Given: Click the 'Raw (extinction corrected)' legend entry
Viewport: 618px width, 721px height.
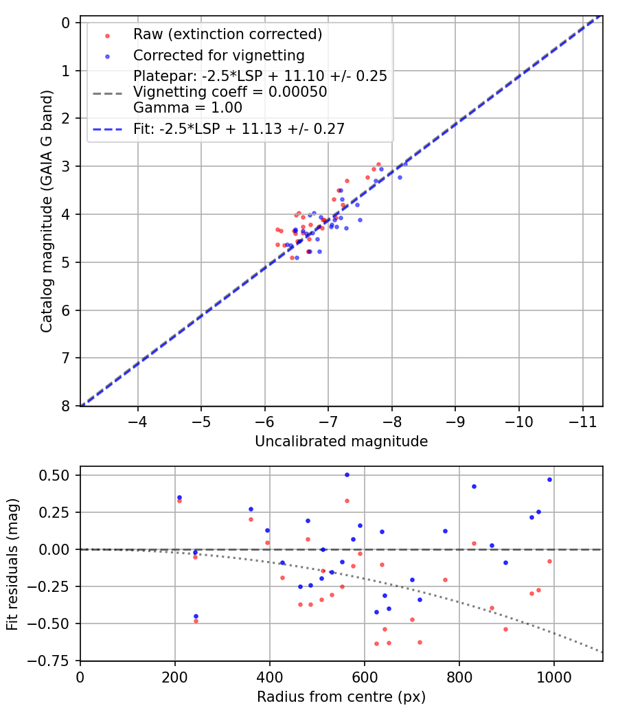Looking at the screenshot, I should point(227,34).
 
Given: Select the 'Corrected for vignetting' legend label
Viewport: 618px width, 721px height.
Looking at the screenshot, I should point(218,55).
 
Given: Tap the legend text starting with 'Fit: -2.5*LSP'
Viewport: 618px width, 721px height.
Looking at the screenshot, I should point(239,128).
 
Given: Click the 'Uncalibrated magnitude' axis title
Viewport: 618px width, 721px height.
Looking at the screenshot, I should point(341,442).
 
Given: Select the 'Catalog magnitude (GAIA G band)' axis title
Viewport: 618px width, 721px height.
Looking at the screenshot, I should point(47,214).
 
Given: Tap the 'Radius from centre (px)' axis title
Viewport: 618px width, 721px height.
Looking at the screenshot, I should point(341,697).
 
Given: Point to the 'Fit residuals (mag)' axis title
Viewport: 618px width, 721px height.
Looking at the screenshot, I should point(13,564).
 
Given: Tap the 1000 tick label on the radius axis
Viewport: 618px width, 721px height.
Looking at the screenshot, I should point(553,676).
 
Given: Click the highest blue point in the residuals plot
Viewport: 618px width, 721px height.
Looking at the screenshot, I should point(347,474).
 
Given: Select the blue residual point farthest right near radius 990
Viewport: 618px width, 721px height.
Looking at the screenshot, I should point(549,479).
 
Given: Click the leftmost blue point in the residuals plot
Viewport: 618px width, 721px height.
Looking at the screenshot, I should point(179,497).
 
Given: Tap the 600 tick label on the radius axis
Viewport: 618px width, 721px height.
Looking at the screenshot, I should point(364,676).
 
